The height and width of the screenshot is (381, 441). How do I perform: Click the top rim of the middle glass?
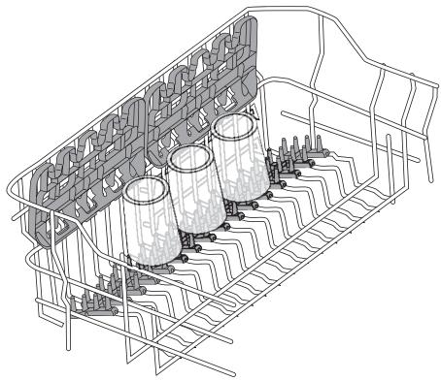click(192, 157)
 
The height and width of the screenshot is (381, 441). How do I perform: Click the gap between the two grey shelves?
click(144, 126)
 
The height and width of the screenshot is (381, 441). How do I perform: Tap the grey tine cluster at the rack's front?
click(102, 297)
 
